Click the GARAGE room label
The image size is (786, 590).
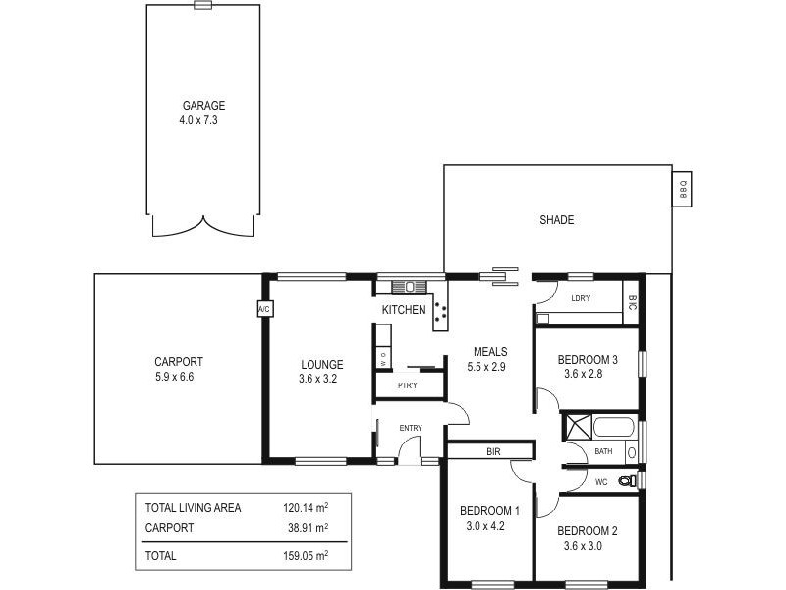203,106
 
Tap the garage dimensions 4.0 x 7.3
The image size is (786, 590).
203,120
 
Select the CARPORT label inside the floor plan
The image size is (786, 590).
178,362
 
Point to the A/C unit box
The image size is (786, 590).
263,309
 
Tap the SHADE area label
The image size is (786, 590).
556,220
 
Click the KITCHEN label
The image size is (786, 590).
404,310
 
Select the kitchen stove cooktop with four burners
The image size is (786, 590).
440,311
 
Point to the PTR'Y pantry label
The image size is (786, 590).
407,385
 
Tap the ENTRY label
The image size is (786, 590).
411,428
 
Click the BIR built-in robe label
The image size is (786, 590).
493,452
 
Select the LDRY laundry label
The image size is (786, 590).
580,298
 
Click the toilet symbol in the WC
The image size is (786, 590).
627,480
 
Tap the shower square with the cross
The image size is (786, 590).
575,427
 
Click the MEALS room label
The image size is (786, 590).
489,352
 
